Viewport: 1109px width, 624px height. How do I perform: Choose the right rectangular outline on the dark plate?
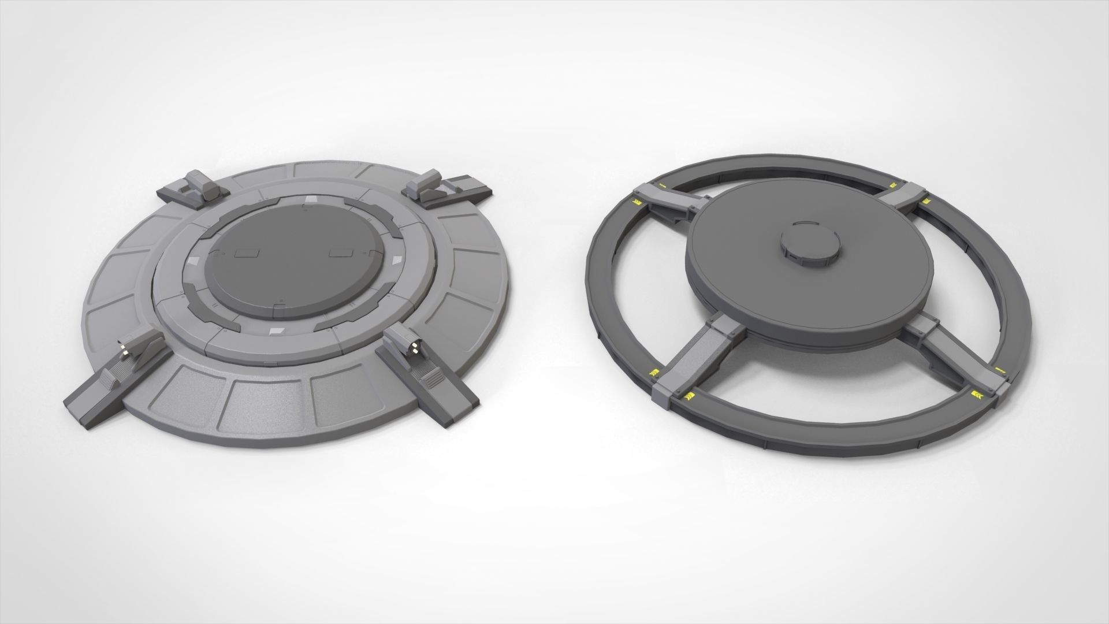coord(340,252)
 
